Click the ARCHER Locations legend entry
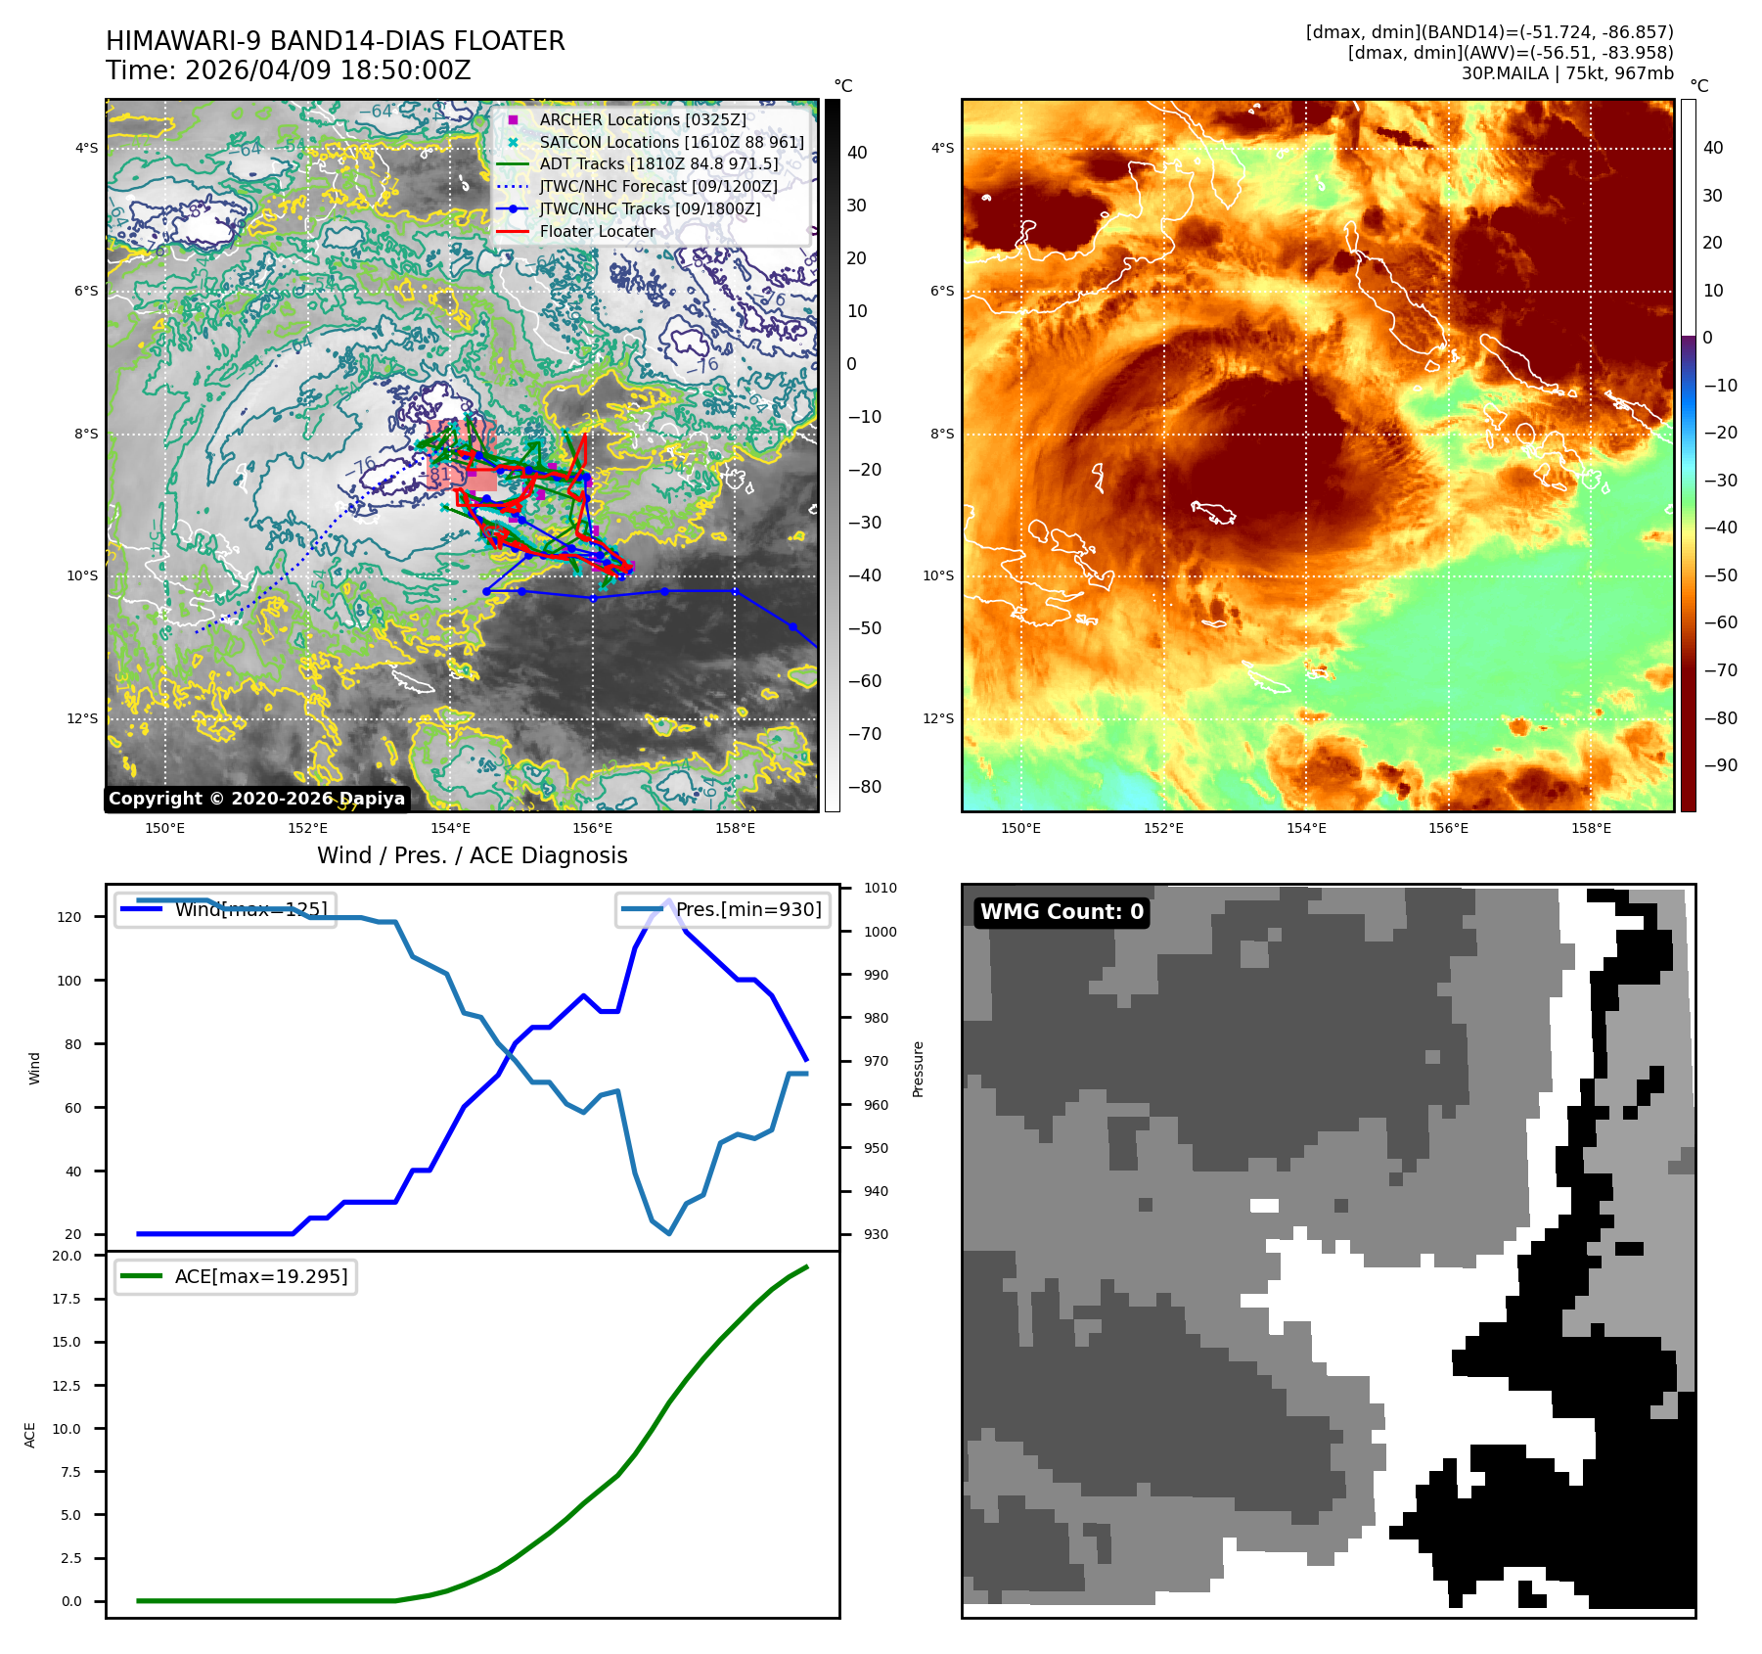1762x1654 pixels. [x=642, y=119]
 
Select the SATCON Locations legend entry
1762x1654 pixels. [x=671, y=142]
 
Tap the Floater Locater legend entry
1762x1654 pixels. [x=597, y=231]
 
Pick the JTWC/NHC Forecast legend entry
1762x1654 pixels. [x=658, y=186]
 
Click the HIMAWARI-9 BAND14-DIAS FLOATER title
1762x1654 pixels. [x=335, y=41]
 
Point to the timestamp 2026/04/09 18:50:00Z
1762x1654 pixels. [x=327, y=70]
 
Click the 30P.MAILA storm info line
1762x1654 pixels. [x=1566, y=73]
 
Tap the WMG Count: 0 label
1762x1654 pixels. [x=1062, y=912]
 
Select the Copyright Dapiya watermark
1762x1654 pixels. [x=256, y=799]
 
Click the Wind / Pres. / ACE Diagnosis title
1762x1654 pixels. [x=472, y=855]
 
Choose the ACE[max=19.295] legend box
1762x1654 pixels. [x=236, y=1276]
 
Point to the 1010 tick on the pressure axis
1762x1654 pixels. [x=880, y=888]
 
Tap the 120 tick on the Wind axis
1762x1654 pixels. [x=69, y=917]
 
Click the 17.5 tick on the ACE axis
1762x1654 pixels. [x=67, y=1299]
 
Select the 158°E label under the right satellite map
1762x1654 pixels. [x=1591, y=828]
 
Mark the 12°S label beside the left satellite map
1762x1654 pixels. [x=82, y=718]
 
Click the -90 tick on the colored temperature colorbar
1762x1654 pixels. [x=1720, y=765]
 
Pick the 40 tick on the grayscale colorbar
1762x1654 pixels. [x=857, y=152]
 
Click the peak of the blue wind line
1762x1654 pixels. [x=669, y=900]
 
